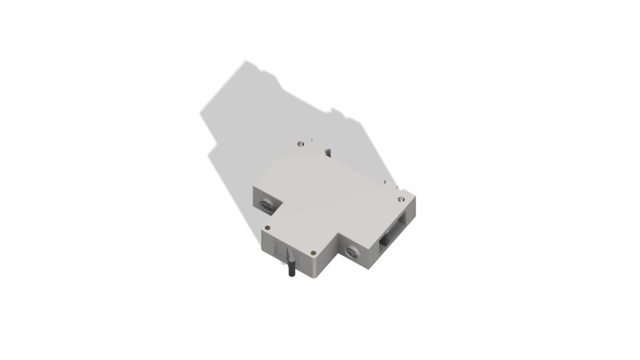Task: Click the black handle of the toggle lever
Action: pyautogui.click(x=291, y=270)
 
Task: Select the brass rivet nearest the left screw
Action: pyautogui.click(x=268, y=227)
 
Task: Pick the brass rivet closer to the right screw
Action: pyautogui.click(x=313, y=253)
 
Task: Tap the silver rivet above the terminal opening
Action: pyautogui.click(x=401, y=199)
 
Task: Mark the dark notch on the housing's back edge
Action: pyautogui.click(x=327, y=153)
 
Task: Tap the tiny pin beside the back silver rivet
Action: pyautogui.click(x=311, y=140)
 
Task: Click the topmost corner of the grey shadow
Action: pyautogui.click(x=246, y=61)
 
